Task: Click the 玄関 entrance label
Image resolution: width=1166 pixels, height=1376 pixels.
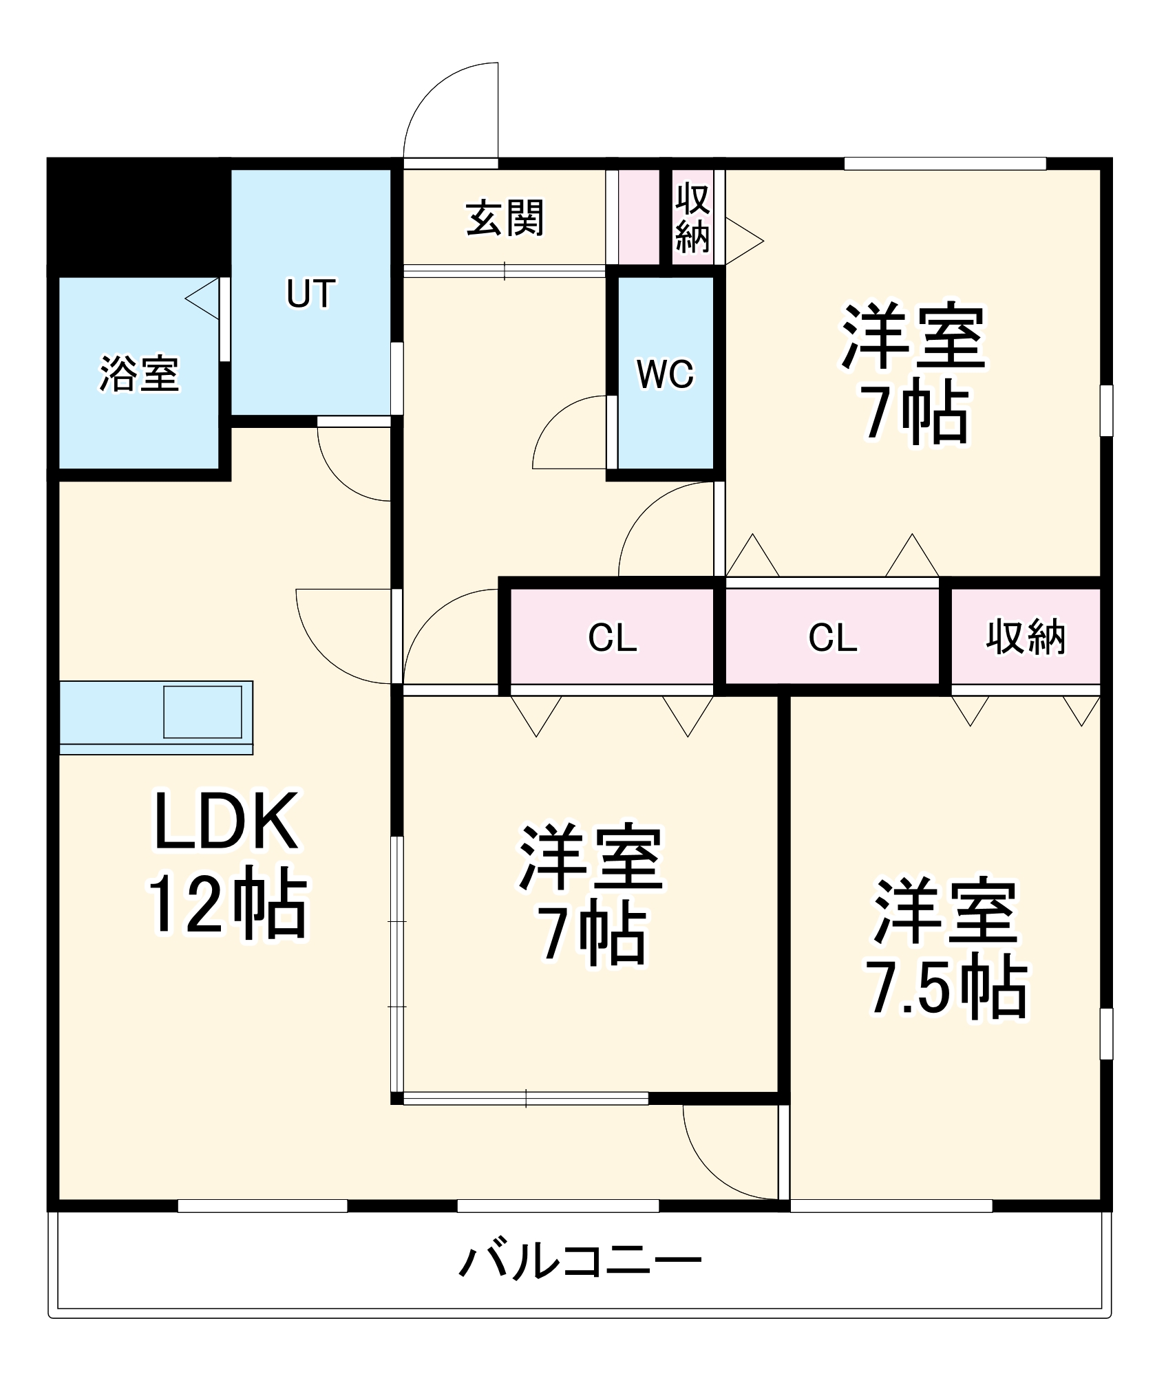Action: pyautogui.click(x=505, y=218)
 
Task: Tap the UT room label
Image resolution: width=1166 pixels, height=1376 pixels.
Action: pyautogui.click(x=310, y=293)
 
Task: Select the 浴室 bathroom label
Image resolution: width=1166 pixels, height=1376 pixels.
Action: pyautogui.click(x=139, y=374)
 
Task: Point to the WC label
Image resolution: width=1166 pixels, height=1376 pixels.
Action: pyautogui.click(x=666, y=374)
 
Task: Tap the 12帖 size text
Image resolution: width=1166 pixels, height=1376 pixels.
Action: pyautogui.click(x=227, y=906)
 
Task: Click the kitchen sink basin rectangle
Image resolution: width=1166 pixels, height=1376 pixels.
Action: pyautogui.click(x=203, y=711)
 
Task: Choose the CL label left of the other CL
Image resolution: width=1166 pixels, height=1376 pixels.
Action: pyautogui.click(x=612, y=638)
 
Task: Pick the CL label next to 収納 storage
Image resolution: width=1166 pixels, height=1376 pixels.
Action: pyautogui.click(x=833, y=638)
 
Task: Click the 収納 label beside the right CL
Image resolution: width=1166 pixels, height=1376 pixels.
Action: pyautogui.click(x=1025, y=638)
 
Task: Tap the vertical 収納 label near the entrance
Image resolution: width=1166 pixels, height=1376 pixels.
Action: pyautogui.click(x=692, y=218)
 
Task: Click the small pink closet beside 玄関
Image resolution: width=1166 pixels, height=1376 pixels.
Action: pyautogui.click(x=639, y=217)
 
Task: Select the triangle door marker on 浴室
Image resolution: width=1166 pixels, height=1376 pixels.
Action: pyautogui.click(x=203, y=299)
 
